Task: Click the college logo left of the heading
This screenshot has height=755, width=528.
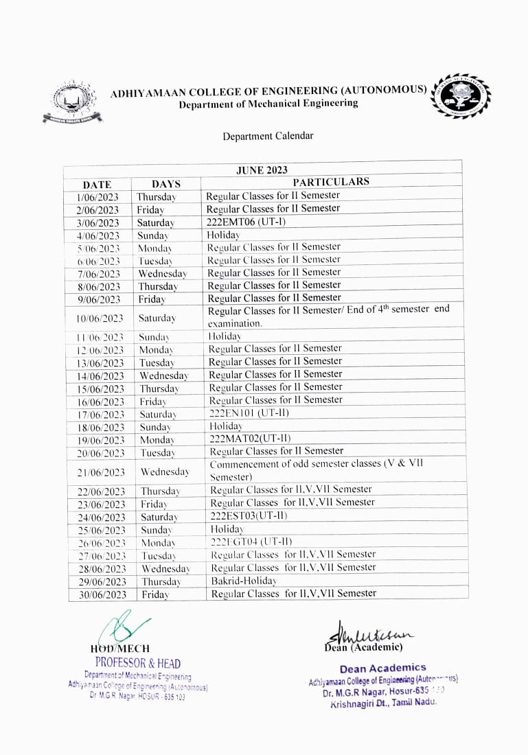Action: (71, 102)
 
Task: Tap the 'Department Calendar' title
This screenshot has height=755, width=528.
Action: (268, 136)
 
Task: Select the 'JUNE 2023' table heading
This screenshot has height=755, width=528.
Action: (262, 170)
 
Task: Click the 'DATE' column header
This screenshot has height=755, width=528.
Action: (97, 184)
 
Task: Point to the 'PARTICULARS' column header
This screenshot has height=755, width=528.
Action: (331, 182)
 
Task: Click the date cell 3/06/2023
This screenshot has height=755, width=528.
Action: (97, 223)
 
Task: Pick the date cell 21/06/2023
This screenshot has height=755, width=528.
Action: (101, 472)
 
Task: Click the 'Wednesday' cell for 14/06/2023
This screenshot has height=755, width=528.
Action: (163, 375)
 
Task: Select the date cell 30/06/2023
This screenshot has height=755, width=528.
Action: (102, 594)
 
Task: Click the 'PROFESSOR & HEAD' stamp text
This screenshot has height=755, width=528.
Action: (138, 663)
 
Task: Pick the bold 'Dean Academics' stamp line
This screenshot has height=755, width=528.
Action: (382, 668)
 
